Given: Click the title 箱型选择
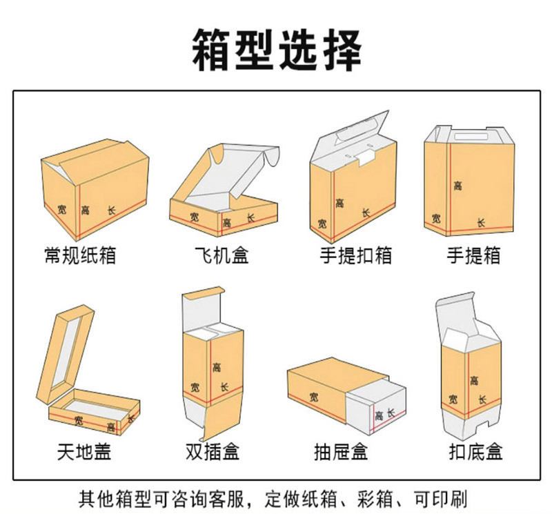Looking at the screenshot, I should [276, 50].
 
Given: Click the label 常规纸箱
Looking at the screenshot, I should [79, 257].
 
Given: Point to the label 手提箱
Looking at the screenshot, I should [473, 257].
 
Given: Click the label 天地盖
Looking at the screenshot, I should [84, 453].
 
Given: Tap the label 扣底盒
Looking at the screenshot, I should [475, 453].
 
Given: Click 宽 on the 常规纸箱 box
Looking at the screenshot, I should [62, 208].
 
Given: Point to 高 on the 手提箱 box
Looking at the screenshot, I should [457, 185].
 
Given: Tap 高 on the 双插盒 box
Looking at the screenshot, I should [217, 368].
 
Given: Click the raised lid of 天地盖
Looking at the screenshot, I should [66, 355].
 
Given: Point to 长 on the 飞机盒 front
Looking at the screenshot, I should [250, 219].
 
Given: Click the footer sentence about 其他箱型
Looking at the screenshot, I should [276, 498].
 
